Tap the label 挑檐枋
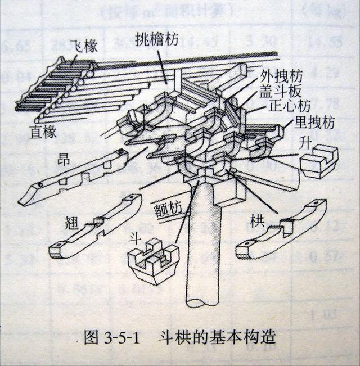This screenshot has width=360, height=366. (x=159, y=39)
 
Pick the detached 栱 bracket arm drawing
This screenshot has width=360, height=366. (x=281, y=231)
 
